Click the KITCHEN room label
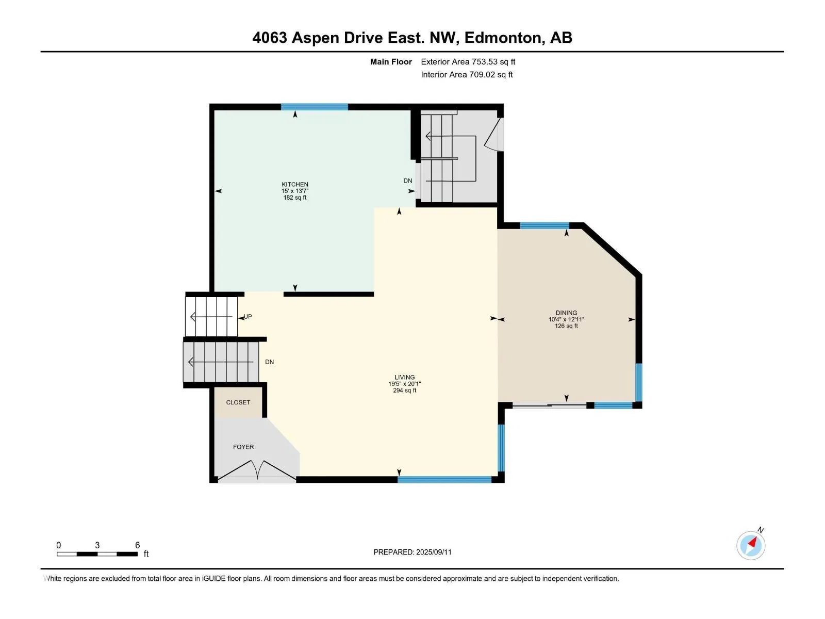point(294,184)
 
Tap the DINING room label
point(566,313)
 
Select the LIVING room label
point(404,377)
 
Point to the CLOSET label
point(238,402)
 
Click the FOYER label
point(243,447)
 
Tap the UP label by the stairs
point(247,316)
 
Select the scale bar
point(97,553)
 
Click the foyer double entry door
point(257,470)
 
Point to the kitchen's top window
point(314,107)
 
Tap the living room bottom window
point(444,480)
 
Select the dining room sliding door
point(550,405)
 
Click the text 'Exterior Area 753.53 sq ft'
point(468,61)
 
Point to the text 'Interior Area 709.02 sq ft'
point(467,74)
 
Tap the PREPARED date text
point(412,552)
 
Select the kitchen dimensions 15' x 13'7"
point(294,191)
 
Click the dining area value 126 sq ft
point(566,326)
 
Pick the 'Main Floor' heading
point(391,61)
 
